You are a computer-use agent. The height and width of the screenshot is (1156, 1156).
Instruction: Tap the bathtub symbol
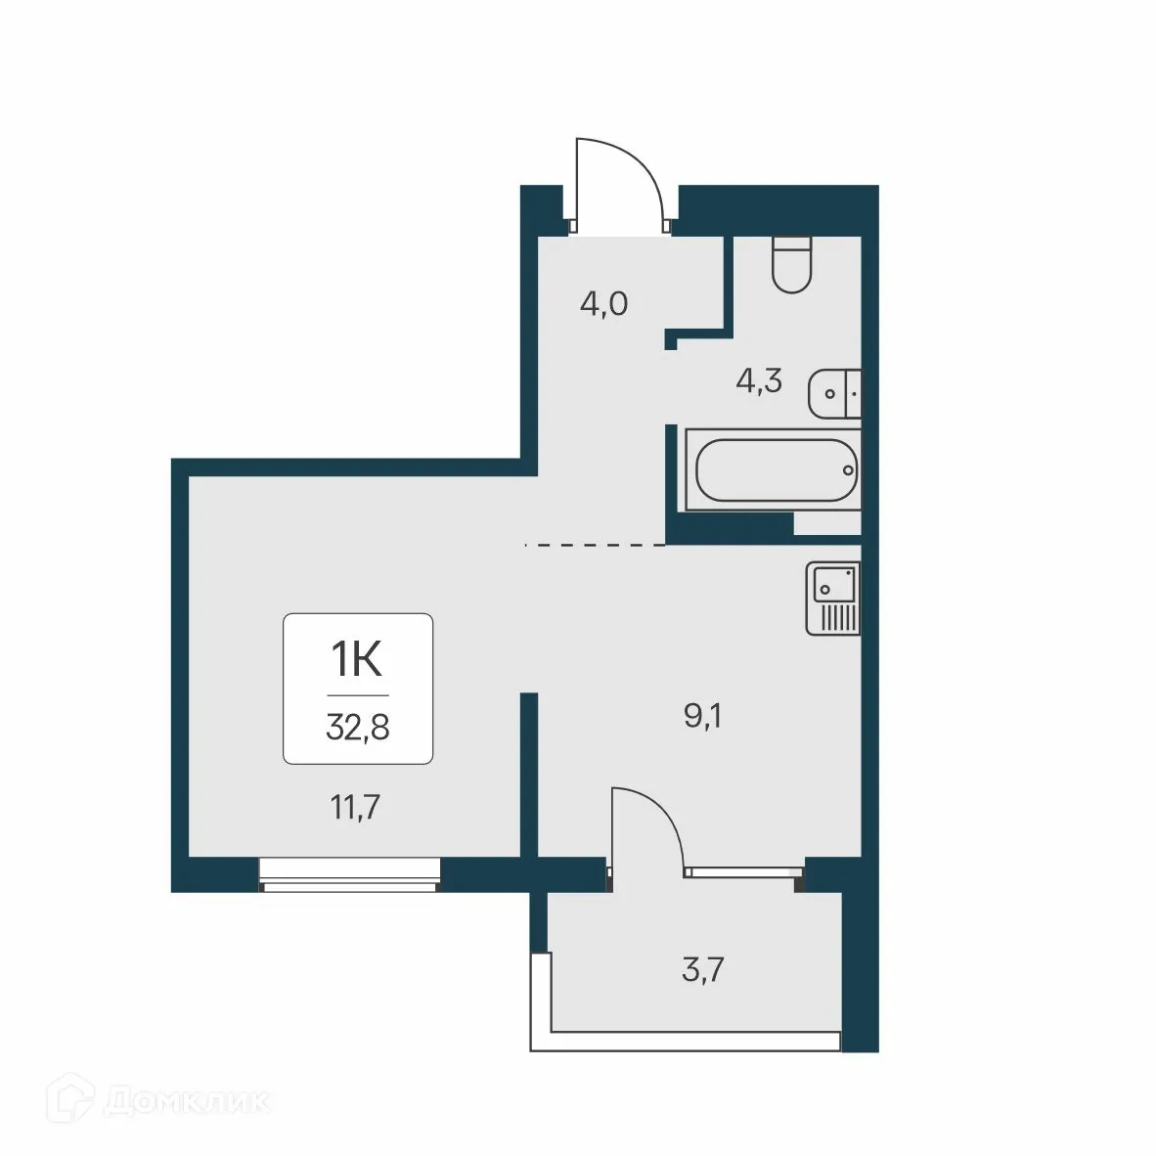pyautogui.click(x=772, y=470)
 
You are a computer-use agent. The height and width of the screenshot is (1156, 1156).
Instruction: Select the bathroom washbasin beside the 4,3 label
pyautogui.click(x=834, y=394)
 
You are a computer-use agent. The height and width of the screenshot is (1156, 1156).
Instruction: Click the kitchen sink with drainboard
pyautogui.click(x=833, y=600)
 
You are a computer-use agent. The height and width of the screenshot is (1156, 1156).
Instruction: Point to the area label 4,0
pyautogui.click(x=603, y=304)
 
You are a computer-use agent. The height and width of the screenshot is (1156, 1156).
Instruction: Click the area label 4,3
pyautogui.click(x=759, y=380)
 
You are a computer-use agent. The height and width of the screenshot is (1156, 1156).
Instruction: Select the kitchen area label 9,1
pyautogui.click(x=702, y=717)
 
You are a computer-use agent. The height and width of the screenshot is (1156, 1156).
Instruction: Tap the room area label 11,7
pyautogui.click(x=354, y=808)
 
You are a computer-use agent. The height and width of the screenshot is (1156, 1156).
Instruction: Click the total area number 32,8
pyautogui.click(x=357, y=728)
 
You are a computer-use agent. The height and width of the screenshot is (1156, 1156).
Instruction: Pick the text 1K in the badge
pyautogui.click(x=357, y=660)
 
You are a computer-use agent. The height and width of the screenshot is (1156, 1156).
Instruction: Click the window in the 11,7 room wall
pyautogui.click(x=350, y=874)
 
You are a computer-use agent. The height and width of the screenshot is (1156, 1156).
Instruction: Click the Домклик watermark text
pyautogui.click(x=186, y=1102)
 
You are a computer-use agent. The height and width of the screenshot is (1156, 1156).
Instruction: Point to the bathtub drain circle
pyautogui.click(x=848, y=470)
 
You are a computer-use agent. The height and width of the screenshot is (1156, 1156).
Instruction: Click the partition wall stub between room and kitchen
pyautogui.click(x=529, y=773)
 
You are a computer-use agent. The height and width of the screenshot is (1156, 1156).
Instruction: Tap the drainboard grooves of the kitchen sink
pyautogui.click(x=839, y=617)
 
